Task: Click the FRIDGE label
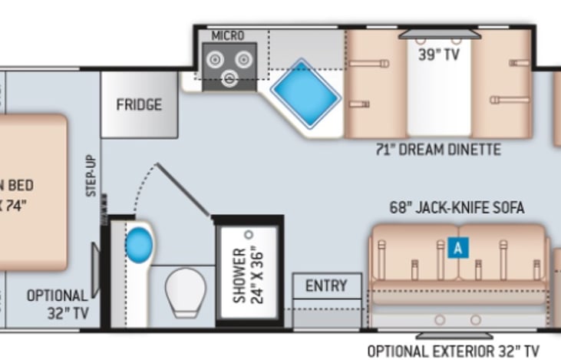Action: (139, 104)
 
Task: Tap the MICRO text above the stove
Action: (227, 35)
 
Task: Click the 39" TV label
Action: (439, 54)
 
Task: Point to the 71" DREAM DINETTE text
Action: (438, 150)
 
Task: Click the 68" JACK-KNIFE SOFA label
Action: (457, 207)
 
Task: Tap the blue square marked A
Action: (458, 248)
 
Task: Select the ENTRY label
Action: (326, 286)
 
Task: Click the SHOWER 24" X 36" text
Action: (247, 275)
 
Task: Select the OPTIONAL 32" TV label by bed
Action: (58, 304)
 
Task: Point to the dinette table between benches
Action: (438, 92)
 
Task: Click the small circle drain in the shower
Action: (248, 233)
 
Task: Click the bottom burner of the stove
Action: (228, 76)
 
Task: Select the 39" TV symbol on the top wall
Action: (439, 34)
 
